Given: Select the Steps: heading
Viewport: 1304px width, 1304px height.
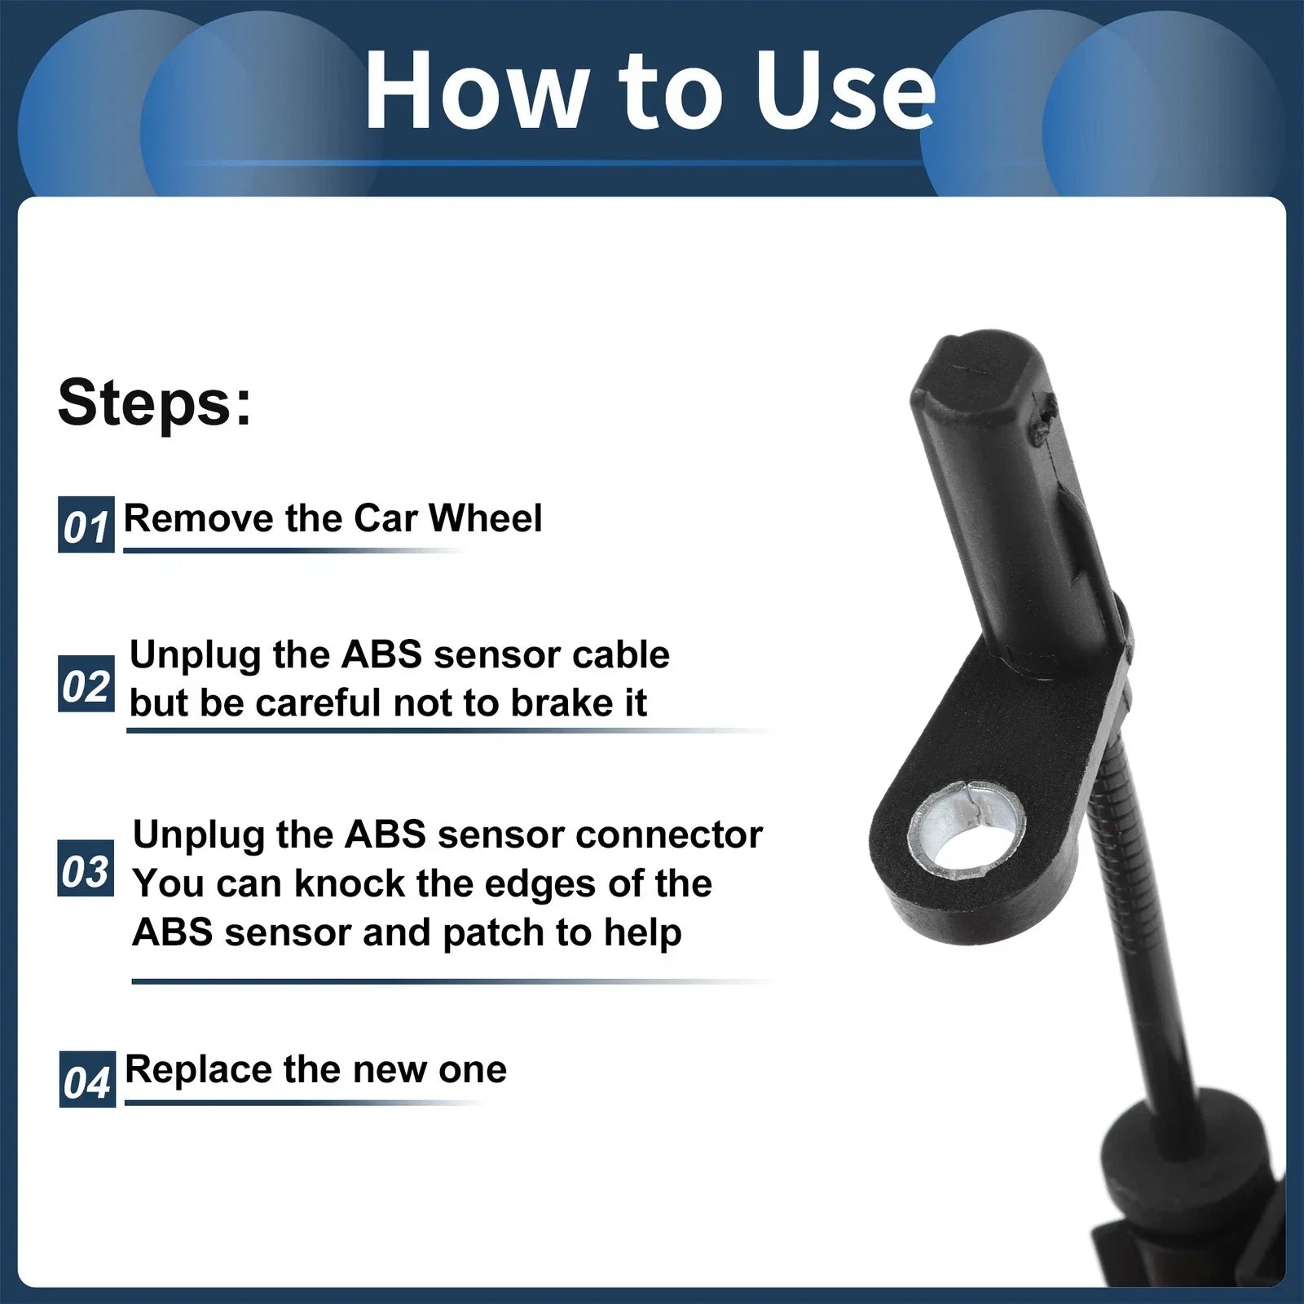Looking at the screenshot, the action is tap(155, 402).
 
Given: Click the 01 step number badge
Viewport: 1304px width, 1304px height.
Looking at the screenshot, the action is tap(86, 525).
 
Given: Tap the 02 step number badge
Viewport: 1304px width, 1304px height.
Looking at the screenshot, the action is tap(86, 685).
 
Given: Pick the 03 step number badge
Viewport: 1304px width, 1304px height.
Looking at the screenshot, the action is tap(86, 870).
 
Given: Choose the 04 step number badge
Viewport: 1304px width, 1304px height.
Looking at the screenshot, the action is tap(87, 1080).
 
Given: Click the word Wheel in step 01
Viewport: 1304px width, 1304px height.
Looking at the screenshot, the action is tap(485, 518).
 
